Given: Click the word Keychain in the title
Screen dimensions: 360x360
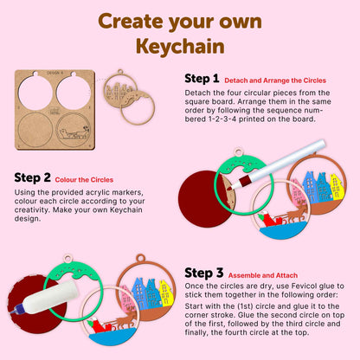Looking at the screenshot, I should point(180,44).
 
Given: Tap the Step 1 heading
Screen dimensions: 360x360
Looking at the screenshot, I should point(202,78).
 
